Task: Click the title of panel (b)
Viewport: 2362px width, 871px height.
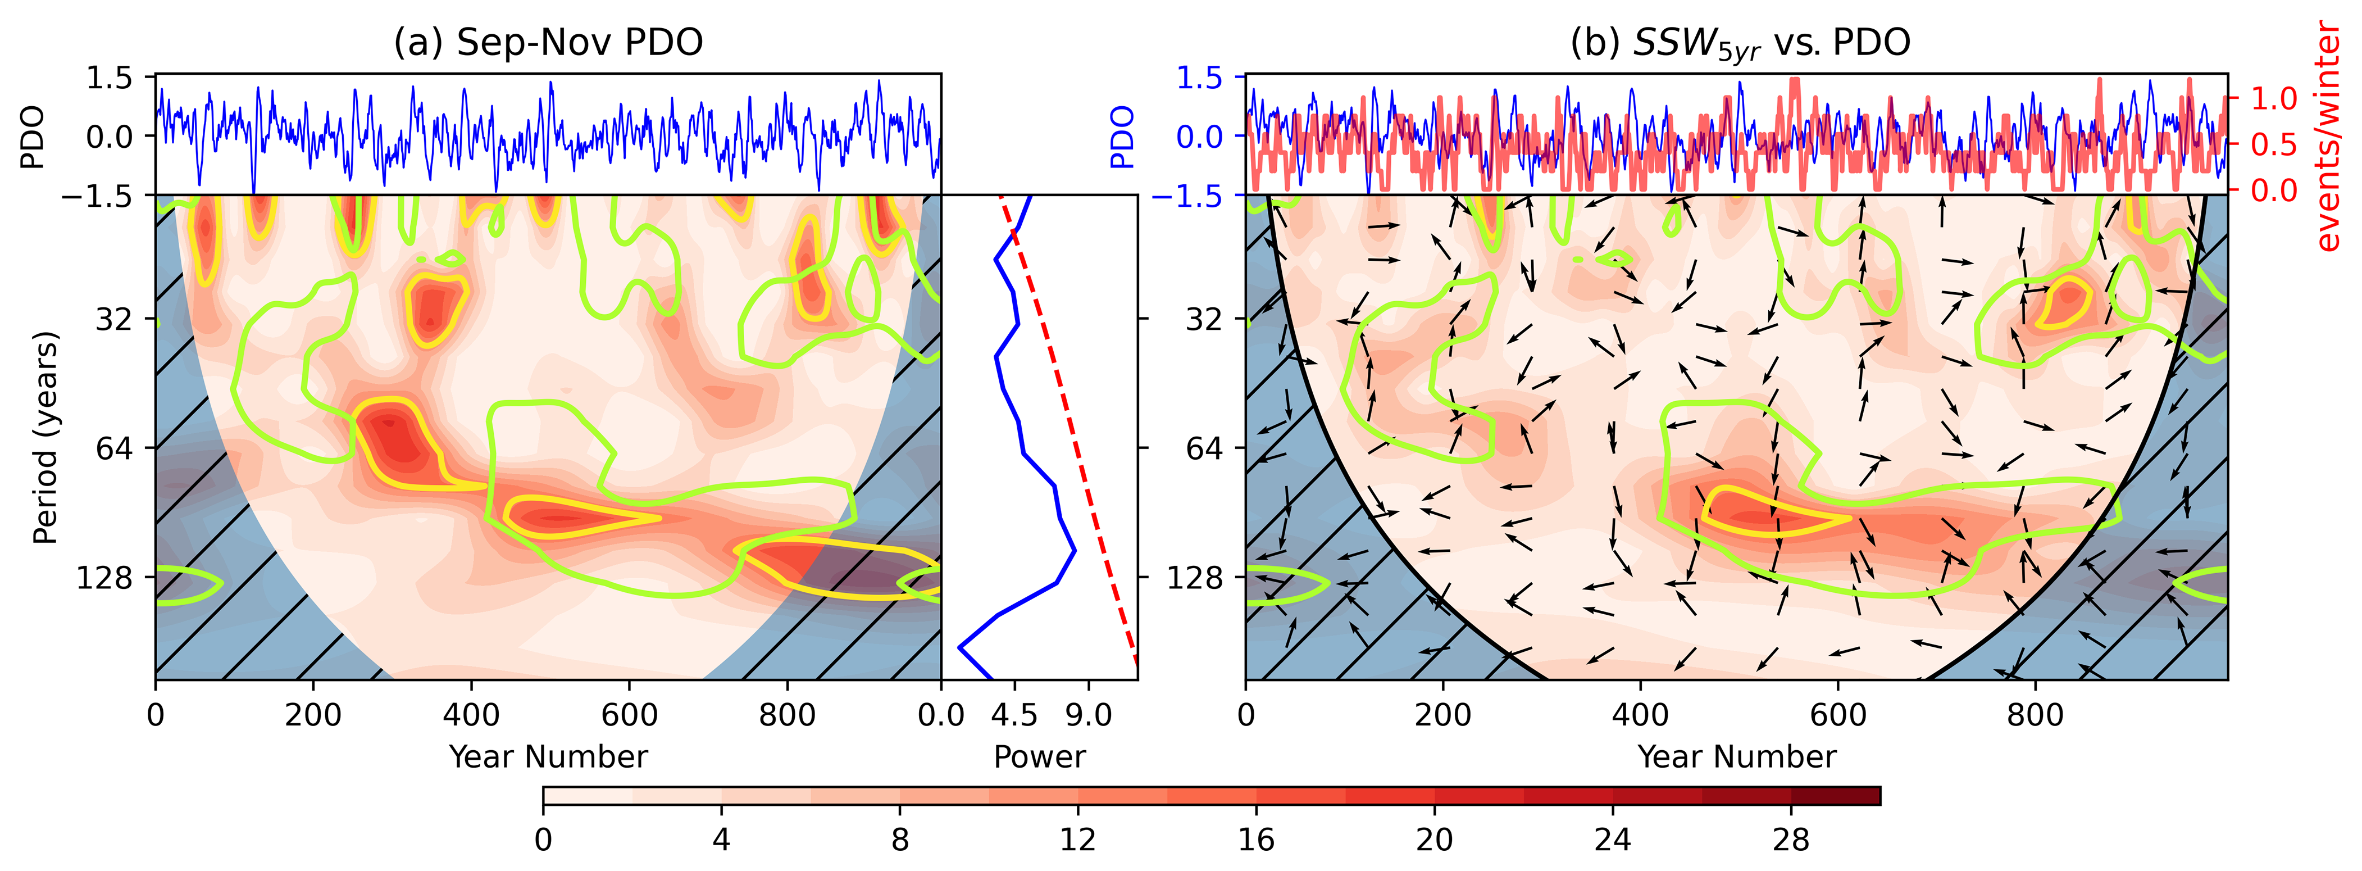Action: pyautogui.click(x=1740, y=43)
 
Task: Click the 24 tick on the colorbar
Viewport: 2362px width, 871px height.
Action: pyautogui.click(x=1612, y=839)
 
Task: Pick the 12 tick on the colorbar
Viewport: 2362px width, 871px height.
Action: pyautogui.click(x=1077, y=839)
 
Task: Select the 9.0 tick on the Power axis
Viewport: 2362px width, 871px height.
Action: pyautogui.click(x=1089, y=715)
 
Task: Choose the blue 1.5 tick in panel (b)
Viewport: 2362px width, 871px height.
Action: pyautogui.click(x=1199, y=78)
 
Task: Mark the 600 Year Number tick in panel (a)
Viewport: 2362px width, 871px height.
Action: pyautogui.click(x=629, y=715)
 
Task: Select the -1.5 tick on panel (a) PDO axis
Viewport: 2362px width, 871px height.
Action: pyautogui.click(x=96, y=196)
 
